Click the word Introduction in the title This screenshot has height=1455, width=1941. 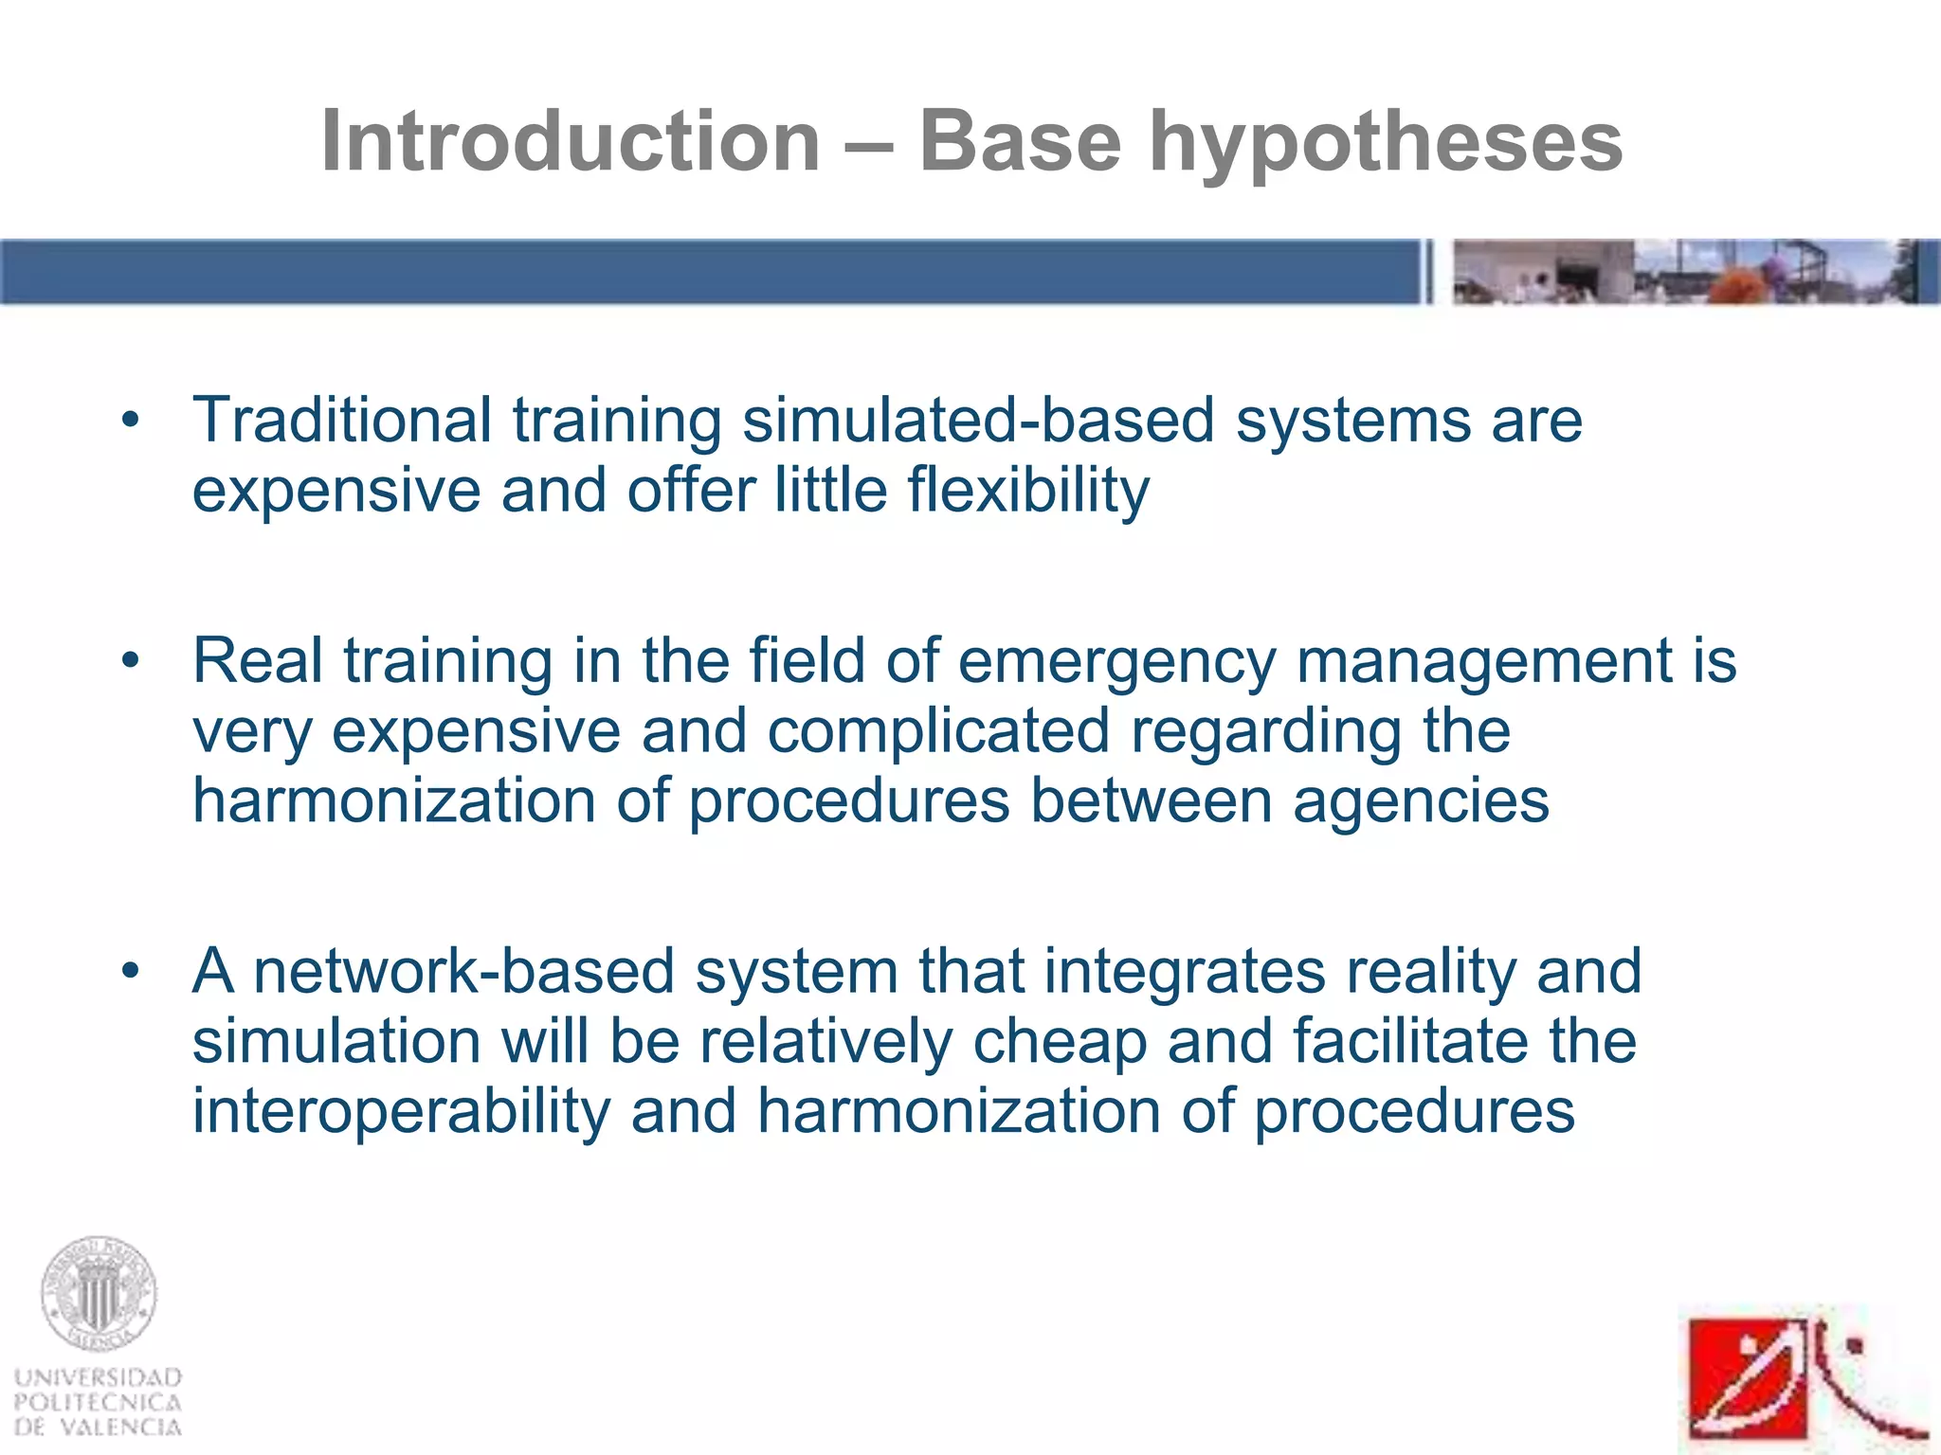(x=571, y=142)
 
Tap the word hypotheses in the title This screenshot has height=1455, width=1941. (x=1386, y=144)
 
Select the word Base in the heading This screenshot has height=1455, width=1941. (x=1020, y=142)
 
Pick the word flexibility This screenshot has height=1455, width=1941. (x=1028, y=491)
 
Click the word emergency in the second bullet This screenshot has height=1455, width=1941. (x=1116, y=661)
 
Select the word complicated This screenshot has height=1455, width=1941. (x=938, y=731)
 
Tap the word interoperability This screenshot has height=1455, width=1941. (x=401, y=1112)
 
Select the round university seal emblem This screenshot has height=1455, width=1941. (x=98, y=1294)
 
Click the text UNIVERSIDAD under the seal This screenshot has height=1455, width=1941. (x=98, y=1377)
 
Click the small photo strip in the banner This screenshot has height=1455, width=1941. (x=1685, y=272)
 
